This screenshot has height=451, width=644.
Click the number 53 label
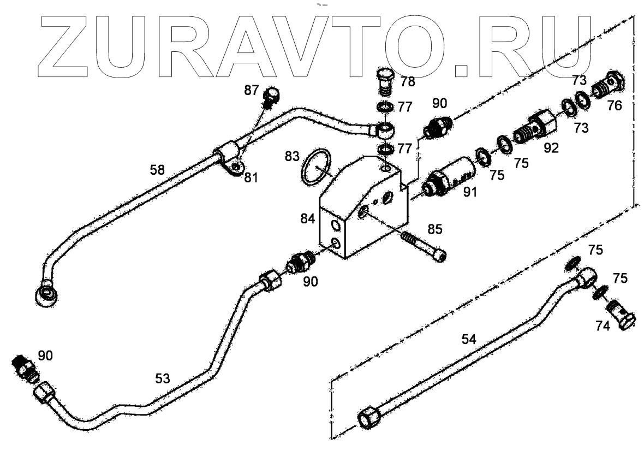click(162, 378)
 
